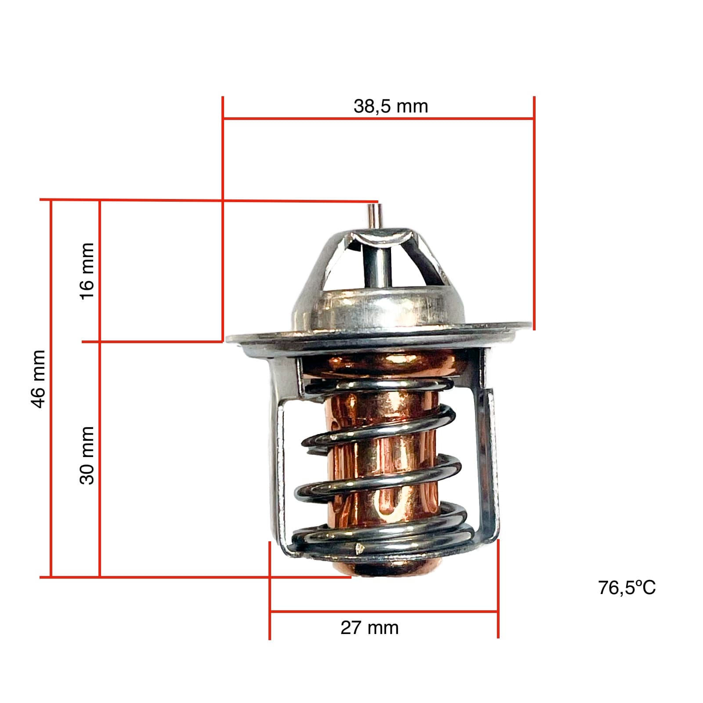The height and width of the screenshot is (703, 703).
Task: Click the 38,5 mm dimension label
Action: (390, 106)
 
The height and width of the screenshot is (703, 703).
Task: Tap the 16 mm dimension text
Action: (87, 271)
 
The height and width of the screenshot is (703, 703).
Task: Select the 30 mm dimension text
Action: (87, 455)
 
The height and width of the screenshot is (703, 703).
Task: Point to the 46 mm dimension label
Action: (39, 379)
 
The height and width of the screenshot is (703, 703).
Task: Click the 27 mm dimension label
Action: (369, 627)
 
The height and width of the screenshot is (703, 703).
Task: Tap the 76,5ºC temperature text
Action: (627, 587)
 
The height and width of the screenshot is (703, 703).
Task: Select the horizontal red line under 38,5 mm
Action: (378, 118)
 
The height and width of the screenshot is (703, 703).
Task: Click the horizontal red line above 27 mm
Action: (383, 611)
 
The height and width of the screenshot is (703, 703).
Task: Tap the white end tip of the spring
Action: (359, 548)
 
